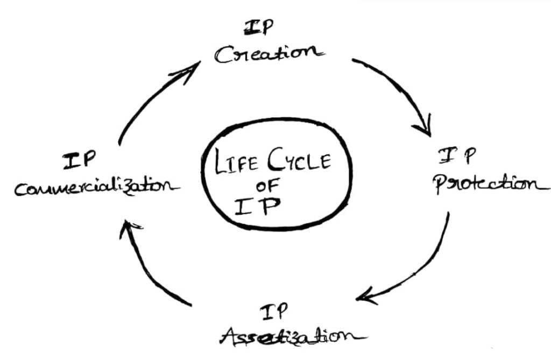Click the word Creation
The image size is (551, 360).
(x=269, y=53)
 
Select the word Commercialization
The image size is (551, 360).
(x=97, y=188)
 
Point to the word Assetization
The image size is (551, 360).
(x=291, y=336)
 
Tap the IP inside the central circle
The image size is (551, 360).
(x=258, y=207)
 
